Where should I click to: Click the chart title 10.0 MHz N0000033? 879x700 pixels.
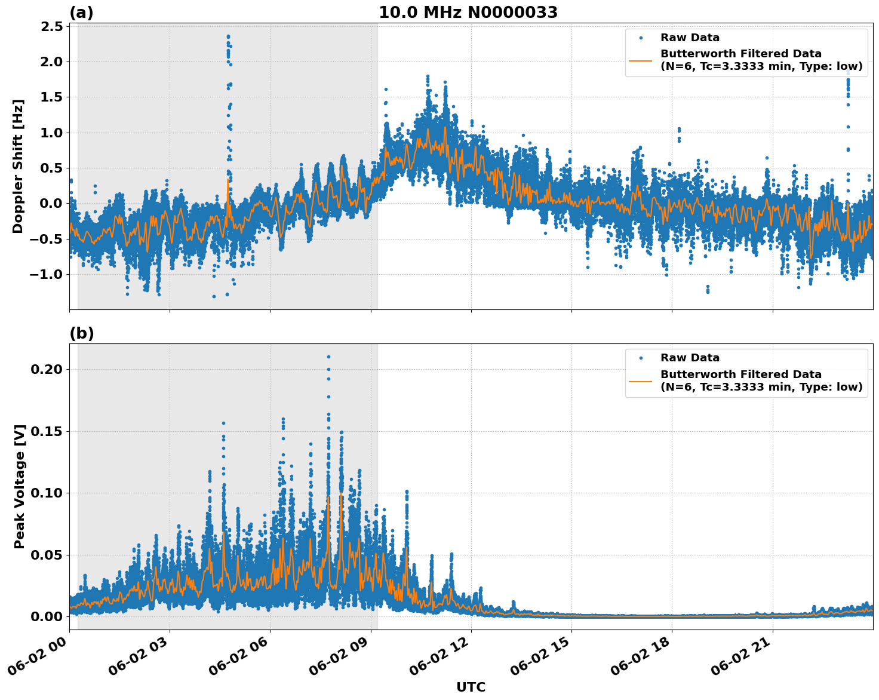pyautogui.click(x=468, y=12)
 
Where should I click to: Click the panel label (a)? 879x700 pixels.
pyautogui.click(x=81, y=13)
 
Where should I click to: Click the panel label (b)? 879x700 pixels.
pyautogui.click(x=81, y=333)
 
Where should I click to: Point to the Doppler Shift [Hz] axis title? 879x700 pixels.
pyautogui.click(x=18, y=166)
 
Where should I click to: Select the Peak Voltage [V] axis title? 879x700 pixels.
pyautogui.click(x=20, y=486)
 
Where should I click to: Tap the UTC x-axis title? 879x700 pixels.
pyautogui.click(x=471, y=687)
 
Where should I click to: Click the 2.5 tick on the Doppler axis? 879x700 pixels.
pyautogui.click(x=52, y=26)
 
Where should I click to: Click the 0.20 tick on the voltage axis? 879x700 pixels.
pyautogui.click(x=47, y=369)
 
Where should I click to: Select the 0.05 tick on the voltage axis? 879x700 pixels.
pyautogui.click(x=47, y=555)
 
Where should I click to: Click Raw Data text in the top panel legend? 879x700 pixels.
pyautogui.click(x=690, y=38)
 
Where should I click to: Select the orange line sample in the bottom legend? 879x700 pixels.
pyautogui.click(x=641, y=380)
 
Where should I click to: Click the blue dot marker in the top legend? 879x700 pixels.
pyautogui.click(x=641, y=38)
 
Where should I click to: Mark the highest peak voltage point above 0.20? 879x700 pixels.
pyautogui.click(x=328, y=357)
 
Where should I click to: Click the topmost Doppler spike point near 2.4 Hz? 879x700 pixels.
pyautogui.click(x=228, y=36)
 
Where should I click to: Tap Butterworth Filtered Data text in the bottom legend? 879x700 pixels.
pyautogui.click(x=740, y=374)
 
